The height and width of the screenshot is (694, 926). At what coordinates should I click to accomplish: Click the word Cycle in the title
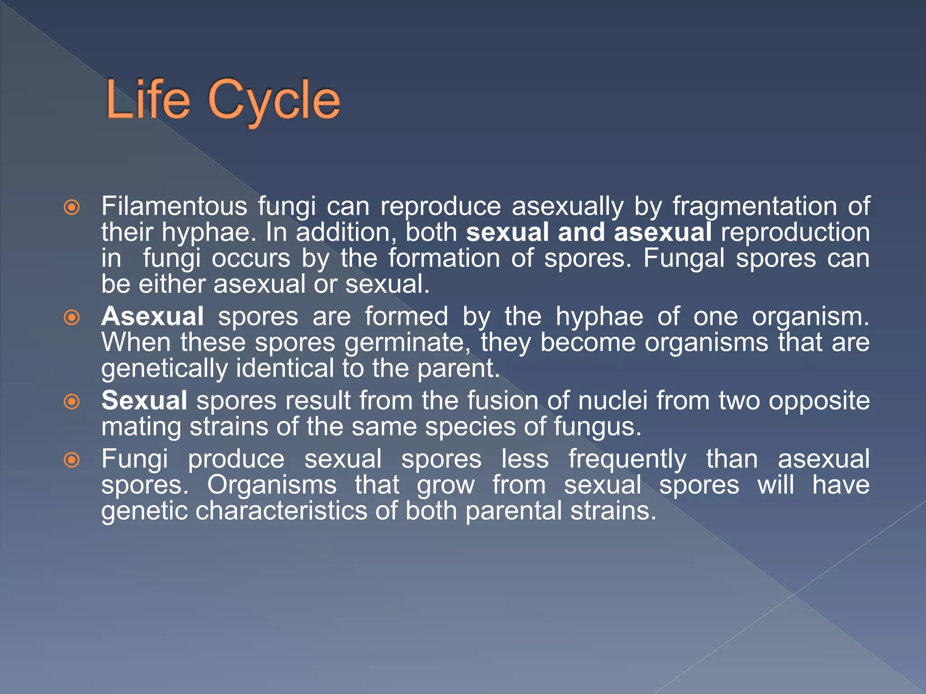point(274,100)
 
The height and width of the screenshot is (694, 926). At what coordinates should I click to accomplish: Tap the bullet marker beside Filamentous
point(72,208)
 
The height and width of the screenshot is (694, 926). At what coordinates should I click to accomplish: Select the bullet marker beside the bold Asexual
point(72,318)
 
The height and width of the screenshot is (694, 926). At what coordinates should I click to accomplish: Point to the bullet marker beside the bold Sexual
point(72,402)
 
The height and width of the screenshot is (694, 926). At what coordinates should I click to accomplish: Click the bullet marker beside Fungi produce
point(72,460)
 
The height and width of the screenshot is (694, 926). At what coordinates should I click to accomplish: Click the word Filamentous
point(174,206)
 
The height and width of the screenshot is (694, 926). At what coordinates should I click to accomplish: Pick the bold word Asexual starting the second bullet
point(152,316)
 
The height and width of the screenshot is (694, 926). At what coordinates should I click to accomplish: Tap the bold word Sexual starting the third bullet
point(144,400)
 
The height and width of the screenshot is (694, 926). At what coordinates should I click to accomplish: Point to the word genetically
point(164,369)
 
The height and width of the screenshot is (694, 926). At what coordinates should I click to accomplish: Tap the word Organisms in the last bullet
point(272,485)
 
